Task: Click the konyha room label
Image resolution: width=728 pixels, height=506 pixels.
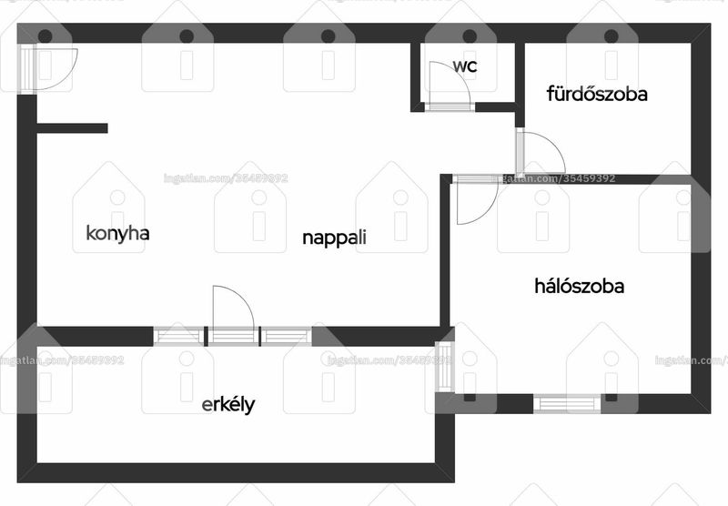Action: [118, 233]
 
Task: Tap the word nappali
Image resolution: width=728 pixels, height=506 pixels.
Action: [334, 238]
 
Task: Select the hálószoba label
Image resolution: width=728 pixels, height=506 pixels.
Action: [579, 286]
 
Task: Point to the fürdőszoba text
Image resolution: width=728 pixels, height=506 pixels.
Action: [597, 94]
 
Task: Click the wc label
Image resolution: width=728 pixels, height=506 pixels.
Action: [465, 66]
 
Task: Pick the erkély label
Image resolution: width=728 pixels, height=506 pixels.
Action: [228, 404]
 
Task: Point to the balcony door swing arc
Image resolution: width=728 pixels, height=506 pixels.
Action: [241, 298]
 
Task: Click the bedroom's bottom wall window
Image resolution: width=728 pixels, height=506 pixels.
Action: [566, 403]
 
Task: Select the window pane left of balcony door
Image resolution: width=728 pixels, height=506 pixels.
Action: [178, 336]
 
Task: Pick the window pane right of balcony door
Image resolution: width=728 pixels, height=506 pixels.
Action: [286, 336]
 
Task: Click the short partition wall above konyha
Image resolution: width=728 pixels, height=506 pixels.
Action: [72, 128]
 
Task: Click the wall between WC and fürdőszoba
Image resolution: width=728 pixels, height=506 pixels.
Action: [520, 85]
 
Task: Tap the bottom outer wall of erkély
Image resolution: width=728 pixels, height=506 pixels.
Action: [236, 472]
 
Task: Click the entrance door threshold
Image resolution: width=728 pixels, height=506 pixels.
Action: [26, 68]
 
